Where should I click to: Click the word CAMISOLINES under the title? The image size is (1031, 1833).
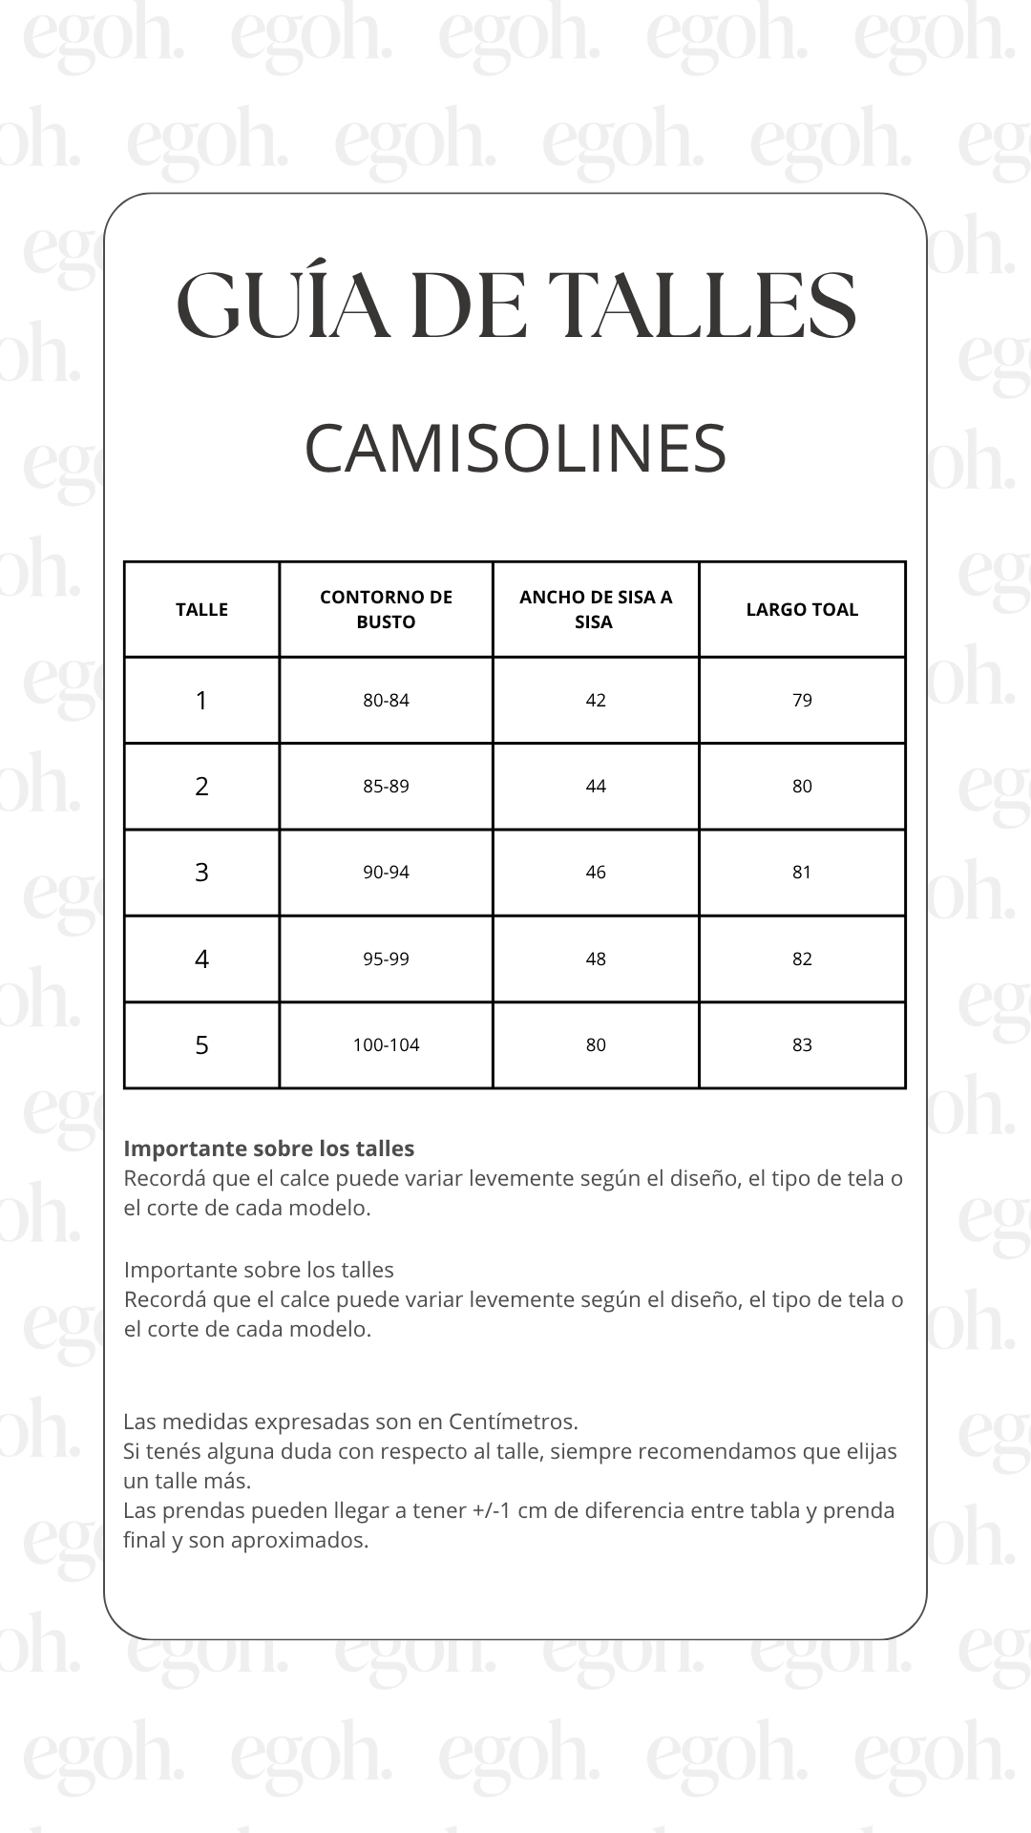[x=515, y=449]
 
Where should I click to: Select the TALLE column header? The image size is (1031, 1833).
[x=201, y=610]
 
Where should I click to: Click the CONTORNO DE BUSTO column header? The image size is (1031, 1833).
[x=386, y=609]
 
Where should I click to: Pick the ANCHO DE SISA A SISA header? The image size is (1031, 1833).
[x=596, y=609]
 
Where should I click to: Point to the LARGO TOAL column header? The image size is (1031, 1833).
[x=802, y=610]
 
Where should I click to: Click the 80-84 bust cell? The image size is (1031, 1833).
[x=386, y=701]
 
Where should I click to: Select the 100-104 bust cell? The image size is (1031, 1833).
[x=386, y=1045]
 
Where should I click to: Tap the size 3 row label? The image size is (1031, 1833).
[x=201, y=873]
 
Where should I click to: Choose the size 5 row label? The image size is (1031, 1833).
[x=201, y=1045]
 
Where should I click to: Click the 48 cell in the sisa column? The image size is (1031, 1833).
[x=596, y=959]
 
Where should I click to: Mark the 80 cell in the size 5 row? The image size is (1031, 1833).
[x=596, y=1045]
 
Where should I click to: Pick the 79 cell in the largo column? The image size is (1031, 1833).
[x=802, y=701]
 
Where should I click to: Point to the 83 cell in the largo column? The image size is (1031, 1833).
[x=802, y=1045]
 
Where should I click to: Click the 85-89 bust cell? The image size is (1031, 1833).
[x=386, y=787]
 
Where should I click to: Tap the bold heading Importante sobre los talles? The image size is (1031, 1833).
[x=269, y=1148]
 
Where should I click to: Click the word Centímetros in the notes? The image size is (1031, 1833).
[x=512, y=1422]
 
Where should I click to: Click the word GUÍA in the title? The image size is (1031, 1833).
[x=284, y=305]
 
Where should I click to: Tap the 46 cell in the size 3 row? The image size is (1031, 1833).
[x=596, y=873]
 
